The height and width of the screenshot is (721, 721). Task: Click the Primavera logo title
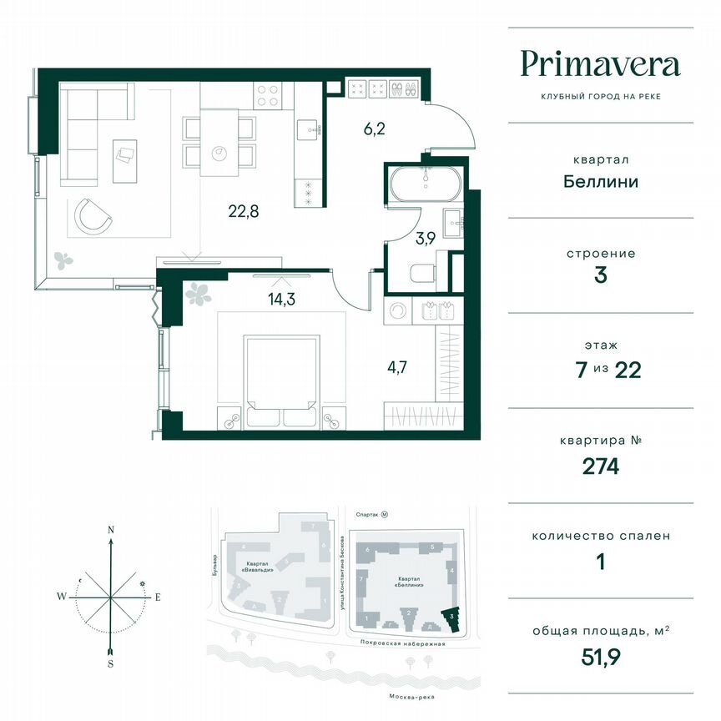pyautogui.click(x=600, y=64)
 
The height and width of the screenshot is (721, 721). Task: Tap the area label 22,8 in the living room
pyautogui.click(x=244, y=210)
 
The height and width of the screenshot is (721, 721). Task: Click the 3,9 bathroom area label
pyautogui.click(x=425, y=237)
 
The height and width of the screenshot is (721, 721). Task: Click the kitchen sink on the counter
pyautogui.click(x=311, y=129)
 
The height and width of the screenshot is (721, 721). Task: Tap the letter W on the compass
pyautogui.click(x=62, y=597)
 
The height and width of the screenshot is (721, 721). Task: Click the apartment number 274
pyautogui.click(x=600, y=466)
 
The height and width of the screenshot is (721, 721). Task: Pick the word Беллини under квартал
pyautogui.click(x=600, y=181)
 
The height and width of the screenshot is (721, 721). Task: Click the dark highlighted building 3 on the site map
pyautogui.click(x=451, y=618)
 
